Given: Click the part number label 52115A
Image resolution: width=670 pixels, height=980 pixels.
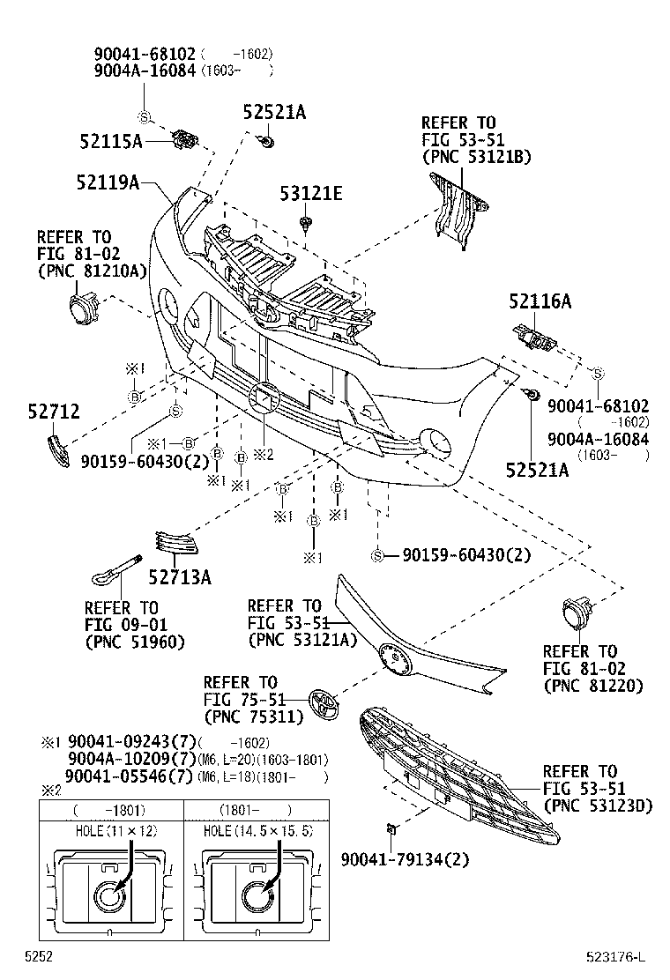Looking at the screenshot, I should [109, 140].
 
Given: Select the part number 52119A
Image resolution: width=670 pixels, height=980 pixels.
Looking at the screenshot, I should [109, 182].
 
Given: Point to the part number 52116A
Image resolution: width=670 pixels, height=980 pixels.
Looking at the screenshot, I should [540, 301].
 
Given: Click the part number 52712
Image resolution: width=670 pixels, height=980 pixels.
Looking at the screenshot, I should [54, 411].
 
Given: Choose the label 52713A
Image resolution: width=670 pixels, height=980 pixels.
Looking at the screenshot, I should [180, 576].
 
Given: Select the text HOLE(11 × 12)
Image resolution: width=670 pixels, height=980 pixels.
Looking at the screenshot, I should [110, 830].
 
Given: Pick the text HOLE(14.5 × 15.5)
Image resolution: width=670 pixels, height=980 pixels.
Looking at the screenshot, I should [257, 830].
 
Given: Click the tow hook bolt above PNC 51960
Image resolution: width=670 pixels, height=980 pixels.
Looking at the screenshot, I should [115, 570].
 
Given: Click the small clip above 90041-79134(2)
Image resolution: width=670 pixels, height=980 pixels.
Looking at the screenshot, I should [391, 828].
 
